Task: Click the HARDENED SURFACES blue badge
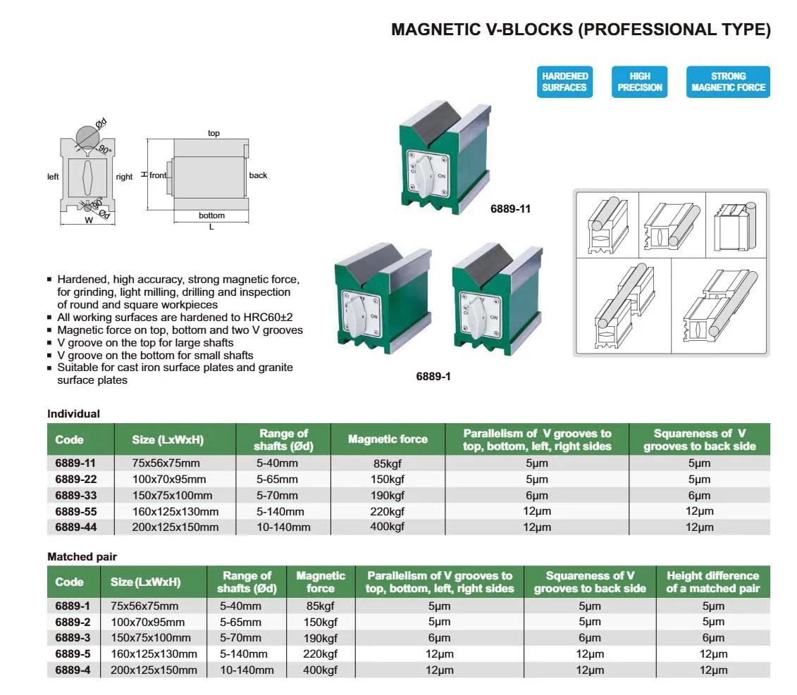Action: click(x=564, y=82)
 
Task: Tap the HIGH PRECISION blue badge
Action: click(x=639, y=82)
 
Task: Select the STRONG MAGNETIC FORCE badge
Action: click(x=728, y=82)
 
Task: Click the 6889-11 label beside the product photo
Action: click(x=510, y=209)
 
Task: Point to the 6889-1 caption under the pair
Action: click(x=433, y=377)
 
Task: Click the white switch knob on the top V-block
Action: click(x=424, y=176)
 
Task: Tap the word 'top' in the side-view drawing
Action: click(x=214, y=133)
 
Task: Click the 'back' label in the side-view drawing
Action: click(x=258, y=175)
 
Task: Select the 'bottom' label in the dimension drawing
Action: click(x=211, y=215)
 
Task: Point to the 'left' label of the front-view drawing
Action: click(x=53, y=177)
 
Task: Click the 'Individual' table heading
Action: click(x=74, y=413)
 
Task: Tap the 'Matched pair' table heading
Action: click(x=82, y=557)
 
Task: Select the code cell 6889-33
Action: click(x=75, y=495)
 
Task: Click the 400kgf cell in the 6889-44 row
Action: click(x=388, y=527)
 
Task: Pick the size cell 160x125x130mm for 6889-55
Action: click(x=175, y=512)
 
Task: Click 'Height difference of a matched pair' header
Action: click(x=712, y=582)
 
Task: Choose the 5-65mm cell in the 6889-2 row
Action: click(x=240, y=622)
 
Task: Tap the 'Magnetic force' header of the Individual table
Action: click(x=388, y=439)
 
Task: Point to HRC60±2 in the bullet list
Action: click(x=268, y=318)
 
